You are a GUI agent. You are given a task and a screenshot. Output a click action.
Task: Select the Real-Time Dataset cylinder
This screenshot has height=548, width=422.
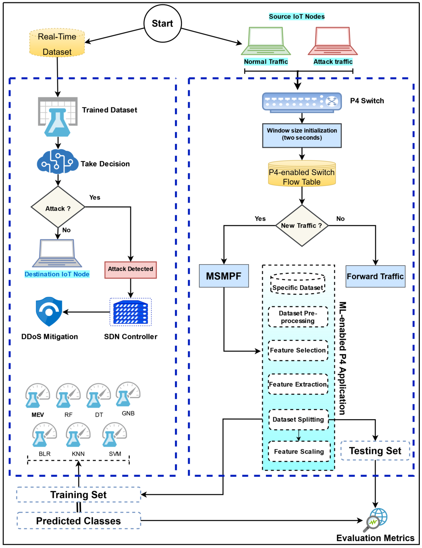point(57,43)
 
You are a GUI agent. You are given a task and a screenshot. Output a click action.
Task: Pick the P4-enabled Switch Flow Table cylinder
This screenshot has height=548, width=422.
point(302,174)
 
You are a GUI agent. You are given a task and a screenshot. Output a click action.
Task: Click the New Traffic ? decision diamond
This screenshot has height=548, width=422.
point(302,226)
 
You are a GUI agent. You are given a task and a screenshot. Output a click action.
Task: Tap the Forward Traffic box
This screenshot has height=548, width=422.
point(375,276)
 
